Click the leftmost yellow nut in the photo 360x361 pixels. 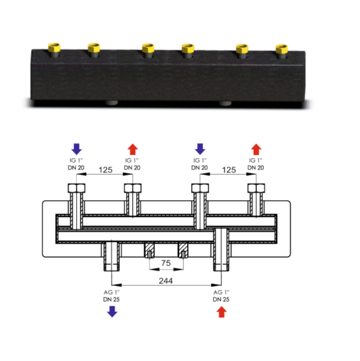pos(54,47)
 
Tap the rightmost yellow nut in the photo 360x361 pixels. pos(282,49)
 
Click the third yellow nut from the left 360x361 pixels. pos(148,47)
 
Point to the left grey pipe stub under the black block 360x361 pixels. pos(112,103)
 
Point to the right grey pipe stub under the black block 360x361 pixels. pos(225,103)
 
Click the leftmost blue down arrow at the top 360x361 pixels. pos(77,149)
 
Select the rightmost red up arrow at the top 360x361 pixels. pos(256,149)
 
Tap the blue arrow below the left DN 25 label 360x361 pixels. pos(112,312)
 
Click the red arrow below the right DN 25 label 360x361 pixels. pos(221,312)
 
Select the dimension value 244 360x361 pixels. pos(166,281)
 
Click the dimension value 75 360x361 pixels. pos(166,263)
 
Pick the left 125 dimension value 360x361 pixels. pos(106,170)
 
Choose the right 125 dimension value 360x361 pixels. pos(229,170)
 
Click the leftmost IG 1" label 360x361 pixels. pos(76,160)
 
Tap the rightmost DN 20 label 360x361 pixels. pos(256,168)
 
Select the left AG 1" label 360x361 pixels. pos(112,292)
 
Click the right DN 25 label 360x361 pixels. pos(221,299)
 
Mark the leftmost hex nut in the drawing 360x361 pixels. pos(77,188)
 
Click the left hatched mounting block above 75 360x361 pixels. pos(149,250)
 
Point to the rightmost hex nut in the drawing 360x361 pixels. pos(256,188)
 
